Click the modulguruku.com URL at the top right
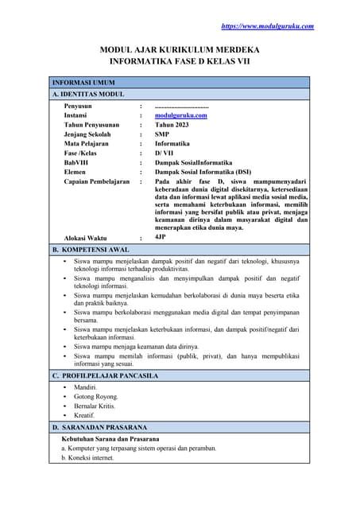coord(267,26)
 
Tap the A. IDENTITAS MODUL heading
coord(87,94)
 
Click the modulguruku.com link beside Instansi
coord(180,115)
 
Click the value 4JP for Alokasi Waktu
coord(161,237)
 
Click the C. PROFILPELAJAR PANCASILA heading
coord(105,375)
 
